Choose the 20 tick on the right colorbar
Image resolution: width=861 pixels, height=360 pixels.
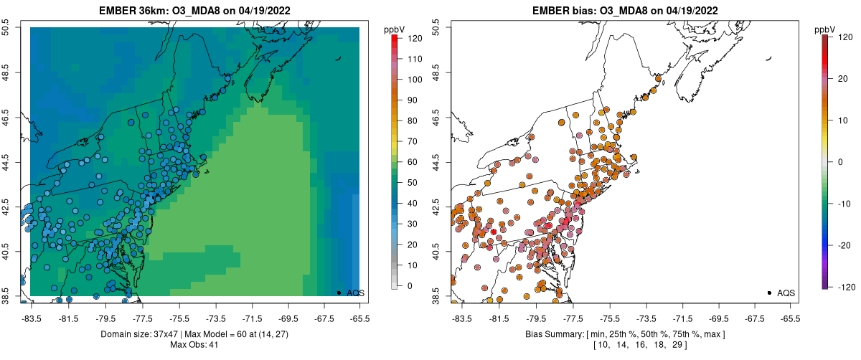click(838, 120)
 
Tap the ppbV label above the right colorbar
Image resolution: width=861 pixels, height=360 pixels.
click(825, 29)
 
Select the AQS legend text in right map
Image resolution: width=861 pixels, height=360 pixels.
click(787, 293)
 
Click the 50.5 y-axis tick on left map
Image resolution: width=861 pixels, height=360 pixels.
click(6, 28)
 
